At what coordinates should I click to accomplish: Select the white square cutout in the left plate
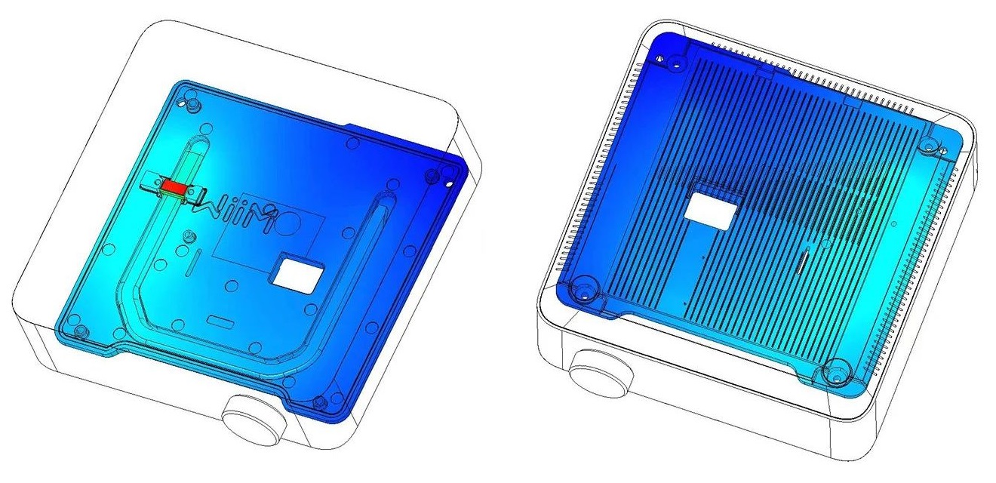coord(297,272)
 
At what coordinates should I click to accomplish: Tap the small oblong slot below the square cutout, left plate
coord(218,320)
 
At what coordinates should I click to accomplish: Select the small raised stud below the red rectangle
coord(190,235)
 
